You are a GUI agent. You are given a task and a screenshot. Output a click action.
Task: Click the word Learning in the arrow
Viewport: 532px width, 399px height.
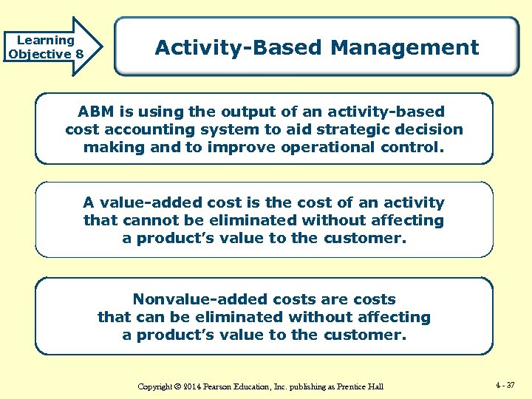click(46, 40)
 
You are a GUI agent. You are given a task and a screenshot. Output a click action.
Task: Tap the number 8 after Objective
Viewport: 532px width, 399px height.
click(78, 54)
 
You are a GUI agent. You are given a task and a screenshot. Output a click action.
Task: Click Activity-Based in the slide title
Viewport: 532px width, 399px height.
click(239, 48)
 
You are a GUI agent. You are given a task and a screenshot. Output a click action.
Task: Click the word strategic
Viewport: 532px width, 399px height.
click(358, 129)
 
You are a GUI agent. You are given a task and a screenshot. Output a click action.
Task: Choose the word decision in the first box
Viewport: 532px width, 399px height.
click(432, 129)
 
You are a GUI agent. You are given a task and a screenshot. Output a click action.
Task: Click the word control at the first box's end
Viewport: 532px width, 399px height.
click(415, 146)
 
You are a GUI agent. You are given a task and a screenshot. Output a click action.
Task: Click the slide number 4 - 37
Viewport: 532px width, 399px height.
click(506, 385)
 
